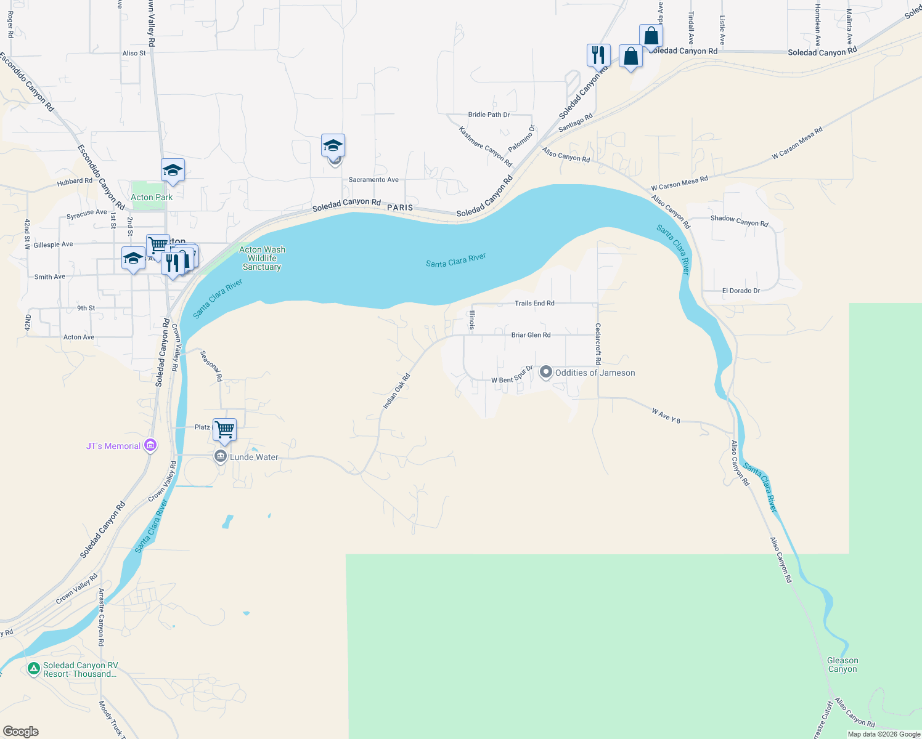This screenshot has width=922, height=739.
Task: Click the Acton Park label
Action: point(152,197)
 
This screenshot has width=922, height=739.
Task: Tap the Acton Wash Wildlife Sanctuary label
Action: point(262,259)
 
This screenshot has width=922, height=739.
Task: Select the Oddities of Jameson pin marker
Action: point(545,372)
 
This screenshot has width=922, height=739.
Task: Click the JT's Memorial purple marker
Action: point(150,445)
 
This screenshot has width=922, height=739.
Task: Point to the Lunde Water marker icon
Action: point(220,456)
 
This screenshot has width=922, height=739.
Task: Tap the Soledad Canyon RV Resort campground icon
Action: point(34,668)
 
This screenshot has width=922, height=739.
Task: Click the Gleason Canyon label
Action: point(842,665)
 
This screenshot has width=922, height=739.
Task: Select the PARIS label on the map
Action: point(400,208)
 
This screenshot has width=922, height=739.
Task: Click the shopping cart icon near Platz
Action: point(224,430)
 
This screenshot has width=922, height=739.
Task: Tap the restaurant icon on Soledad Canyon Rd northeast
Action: point(598,55)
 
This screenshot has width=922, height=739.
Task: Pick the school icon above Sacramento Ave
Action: point(333,146)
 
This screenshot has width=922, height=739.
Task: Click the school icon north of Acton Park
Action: point(173,171)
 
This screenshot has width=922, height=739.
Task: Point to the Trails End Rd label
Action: point(534,303)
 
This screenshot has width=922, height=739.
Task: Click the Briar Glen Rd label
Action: point(531,335)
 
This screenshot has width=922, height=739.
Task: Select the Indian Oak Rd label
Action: point(396,392)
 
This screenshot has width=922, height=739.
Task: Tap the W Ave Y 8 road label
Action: point(666,416)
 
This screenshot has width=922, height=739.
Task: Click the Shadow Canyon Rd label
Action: point(739,220)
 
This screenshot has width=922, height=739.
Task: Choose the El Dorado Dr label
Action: point(741,291)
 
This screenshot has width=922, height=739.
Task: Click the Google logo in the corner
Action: point(21,732)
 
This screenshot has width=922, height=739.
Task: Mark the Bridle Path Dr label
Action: point(489,115)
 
